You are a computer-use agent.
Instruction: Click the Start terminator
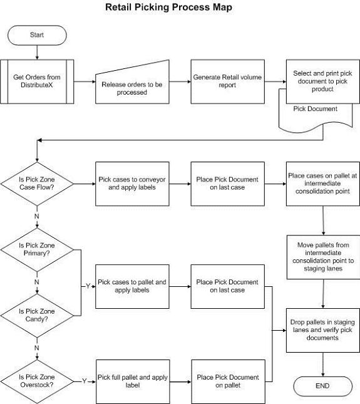37,35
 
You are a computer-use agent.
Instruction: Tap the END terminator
322,386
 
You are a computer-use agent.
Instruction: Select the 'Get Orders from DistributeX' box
37,81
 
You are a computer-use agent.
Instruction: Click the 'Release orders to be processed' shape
132,85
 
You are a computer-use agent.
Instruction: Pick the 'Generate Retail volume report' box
228,81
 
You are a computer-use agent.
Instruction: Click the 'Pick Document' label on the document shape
315,109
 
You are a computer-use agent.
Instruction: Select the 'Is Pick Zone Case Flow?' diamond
37,184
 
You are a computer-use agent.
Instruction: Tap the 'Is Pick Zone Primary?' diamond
37,250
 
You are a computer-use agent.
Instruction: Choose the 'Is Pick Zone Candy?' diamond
37,316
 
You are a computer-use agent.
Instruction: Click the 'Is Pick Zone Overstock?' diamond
37,381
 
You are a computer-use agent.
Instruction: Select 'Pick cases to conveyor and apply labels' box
132,184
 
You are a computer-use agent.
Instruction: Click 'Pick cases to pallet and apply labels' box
132,286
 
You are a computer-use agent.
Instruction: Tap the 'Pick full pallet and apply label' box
133,381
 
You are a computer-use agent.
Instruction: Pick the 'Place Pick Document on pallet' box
228,381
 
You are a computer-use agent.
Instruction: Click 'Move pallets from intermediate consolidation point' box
324,257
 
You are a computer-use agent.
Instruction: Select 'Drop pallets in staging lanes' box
323,330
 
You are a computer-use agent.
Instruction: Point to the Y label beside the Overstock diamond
84,381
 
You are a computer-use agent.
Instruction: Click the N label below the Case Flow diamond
37,216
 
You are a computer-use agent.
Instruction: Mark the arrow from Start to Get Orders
37,53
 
